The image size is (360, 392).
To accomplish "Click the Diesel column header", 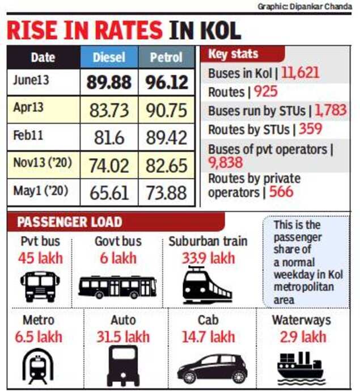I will [109, 57].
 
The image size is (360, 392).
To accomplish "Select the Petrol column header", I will [166, 57].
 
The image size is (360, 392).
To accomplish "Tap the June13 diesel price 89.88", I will [109, 82].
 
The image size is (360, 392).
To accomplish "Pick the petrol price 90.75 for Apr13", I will [167, 109].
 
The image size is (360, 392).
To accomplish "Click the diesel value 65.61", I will [109, 192].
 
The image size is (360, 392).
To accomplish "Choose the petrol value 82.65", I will [167, 165].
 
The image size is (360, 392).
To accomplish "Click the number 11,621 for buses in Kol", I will [300, 73].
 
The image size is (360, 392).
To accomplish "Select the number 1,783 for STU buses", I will [330, 110].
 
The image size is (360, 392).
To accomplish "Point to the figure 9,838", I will [225, 163].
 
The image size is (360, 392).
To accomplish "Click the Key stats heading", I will [233, 54].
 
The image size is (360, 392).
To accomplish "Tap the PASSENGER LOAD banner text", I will [69, 222].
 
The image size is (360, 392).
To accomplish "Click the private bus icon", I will [40, 286].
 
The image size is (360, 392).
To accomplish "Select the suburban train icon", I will [207, 285].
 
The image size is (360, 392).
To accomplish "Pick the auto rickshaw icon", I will [123, 365].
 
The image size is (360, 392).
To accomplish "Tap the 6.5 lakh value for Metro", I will [39, 338].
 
